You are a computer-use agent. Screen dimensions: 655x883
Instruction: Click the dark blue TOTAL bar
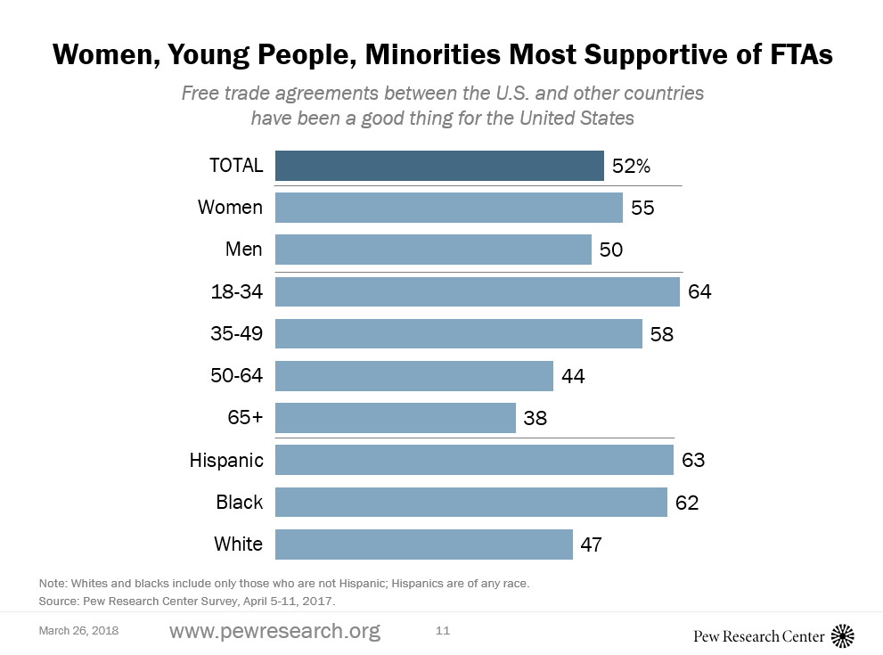[x=439, y=166]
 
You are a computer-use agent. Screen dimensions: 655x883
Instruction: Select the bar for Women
[x=448, y=208]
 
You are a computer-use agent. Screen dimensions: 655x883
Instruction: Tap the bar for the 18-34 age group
[x=478, y=291]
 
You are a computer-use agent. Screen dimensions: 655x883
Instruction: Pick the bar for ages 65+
[x=395, y=418]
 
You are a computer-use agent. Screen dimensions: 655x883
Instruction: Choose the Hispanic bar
[x=474, y=460]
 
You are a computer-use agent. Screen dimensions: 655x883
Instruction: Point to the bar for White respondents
[x=423, y=544]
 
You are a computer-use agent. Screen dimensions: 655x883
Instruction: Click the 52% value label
[x=632, y=166]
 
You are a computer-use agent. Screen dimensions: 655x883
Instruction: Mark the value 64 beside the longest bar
[x=699, y=291]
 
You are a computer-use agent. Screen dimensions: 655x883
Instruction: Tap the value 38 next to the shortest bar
[x=536, y=418]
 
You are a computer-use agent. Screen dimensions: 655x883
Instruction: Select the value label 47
[x=593, y=544]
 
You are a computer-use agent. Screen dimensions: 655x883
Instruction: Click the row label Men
[x=243, y=250]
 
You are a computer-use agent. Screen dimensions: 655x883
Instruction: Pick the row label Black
[x=239, y=502]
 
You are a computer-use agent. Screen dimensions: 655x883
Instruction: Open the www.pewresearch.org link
[x=274, y=632]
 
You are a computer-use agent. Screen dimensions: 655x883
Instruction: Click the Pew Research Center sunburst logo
[x=842, y=635]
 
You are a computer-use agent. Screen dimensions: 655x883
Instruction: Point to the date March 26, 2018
[x=78, y=631]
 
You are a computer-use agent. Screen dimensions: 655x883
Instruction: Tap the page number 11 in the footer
[x=443, y=631]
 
